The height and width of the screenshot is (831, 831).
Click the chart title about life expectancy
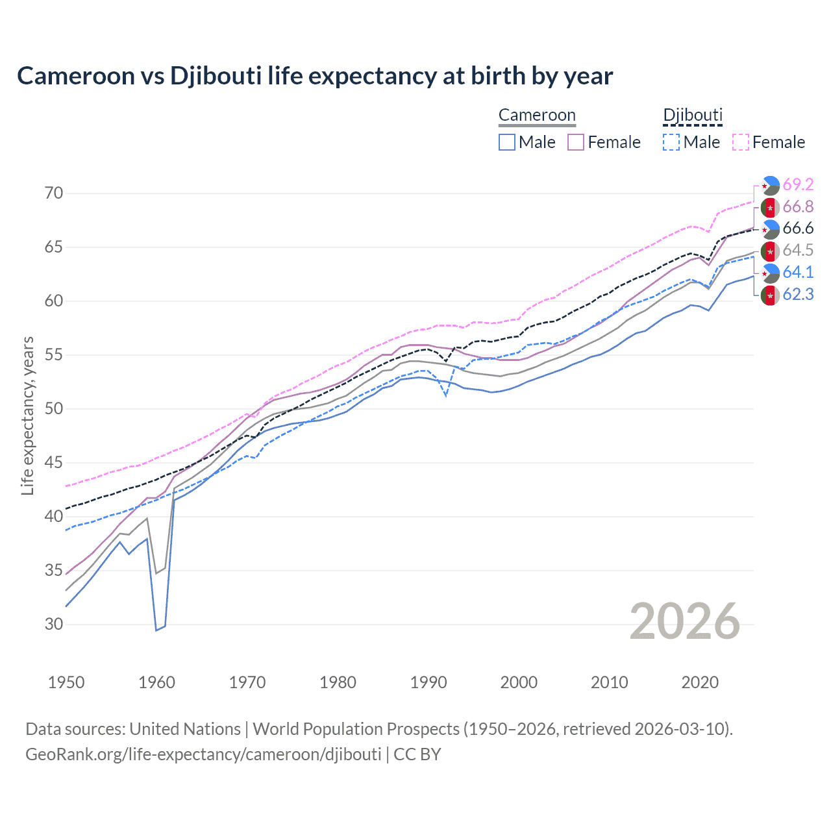[315, 76]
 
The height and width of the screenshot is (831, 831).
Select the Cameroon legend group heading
[537, 116]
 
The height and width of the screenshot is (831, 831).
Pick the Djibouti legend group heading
[693, 116]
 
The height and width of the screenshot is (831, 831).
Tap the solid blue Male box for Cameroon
[507, 142]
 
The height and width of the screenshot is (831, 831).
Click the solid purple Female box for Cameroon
[576, 142]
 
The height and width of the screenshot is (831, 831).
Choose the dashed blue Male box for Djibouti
[671, 142]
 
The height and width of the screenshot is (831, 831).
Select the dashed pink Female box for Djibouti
[740, 142]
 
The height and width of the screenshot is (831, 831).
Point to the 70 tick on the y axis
[54, 193]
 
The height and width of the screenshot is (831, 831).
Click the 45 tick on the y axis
[54, 463]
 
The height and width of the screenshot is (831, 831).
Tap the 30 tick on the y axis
[54, 625]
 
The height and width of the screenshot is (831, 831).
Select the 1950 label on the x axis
[66, 682]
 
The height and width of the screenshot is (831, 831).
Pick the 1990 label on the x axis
[428, 682]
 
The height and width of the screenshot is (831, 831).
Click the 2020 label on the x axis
[700, 682]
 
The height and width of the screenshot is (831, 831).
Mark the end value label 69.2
[798, 185]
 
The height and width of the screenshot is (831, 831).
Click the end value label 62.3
[798, 295]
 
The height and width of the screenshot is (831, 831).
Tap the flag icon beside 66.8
[770, 207]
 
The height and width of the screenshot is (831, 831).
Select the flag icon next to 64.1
[770, 273]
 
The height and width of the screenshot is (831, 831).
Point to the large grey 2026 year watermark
[685, 621]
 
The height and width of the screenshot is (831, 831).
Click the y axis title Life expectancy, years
[28, 415]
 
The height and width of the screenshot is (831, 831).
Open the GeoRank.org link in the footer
[203, 754]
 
